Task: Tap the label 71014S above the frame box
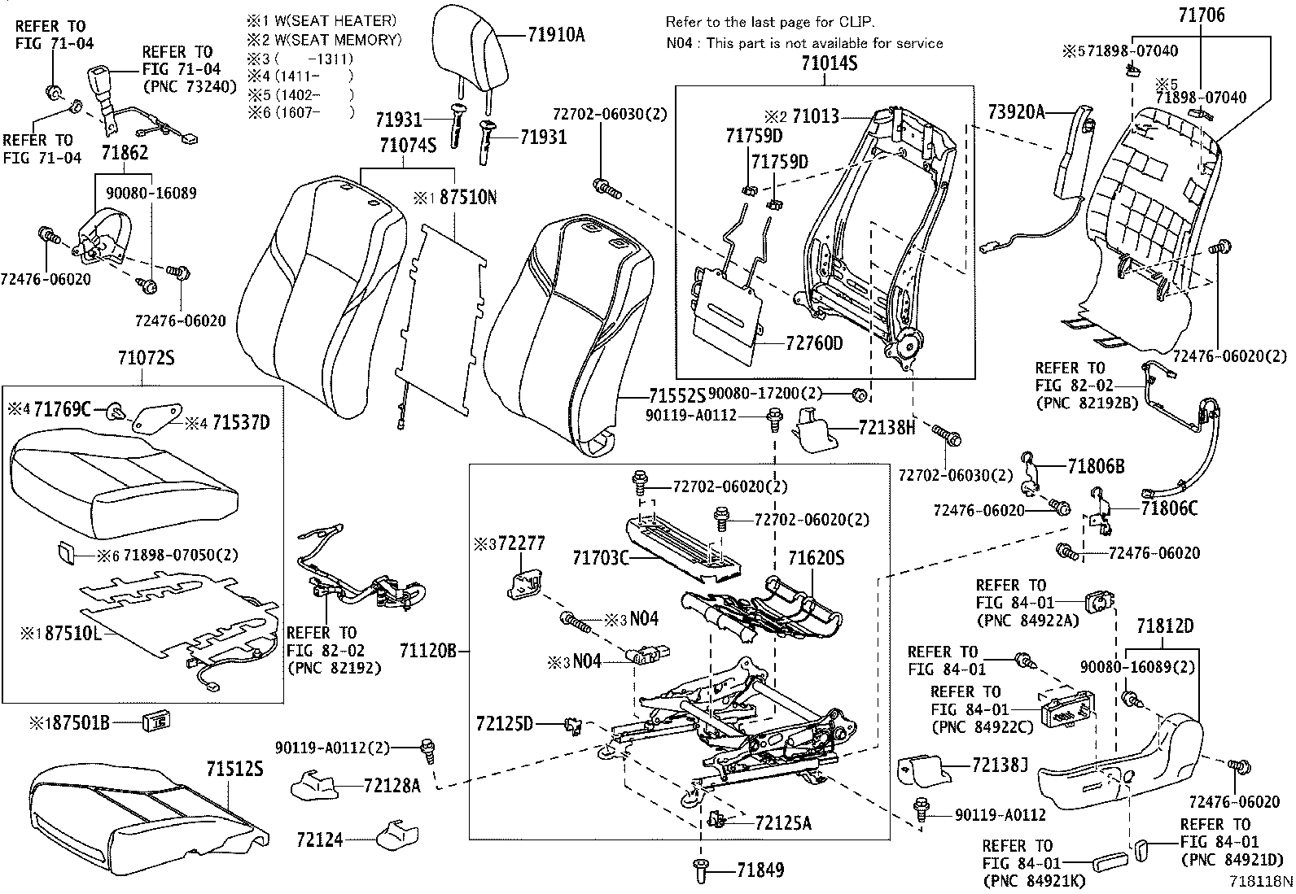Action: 823,64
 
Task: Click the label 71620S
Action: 816,558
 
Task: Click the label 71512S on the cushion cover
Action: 234,769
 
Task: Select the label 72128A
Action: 392,785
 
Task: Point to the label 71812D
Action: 1165,626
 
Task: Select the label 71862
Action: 125,152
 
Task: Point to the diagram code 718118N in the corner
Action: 1260,880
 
